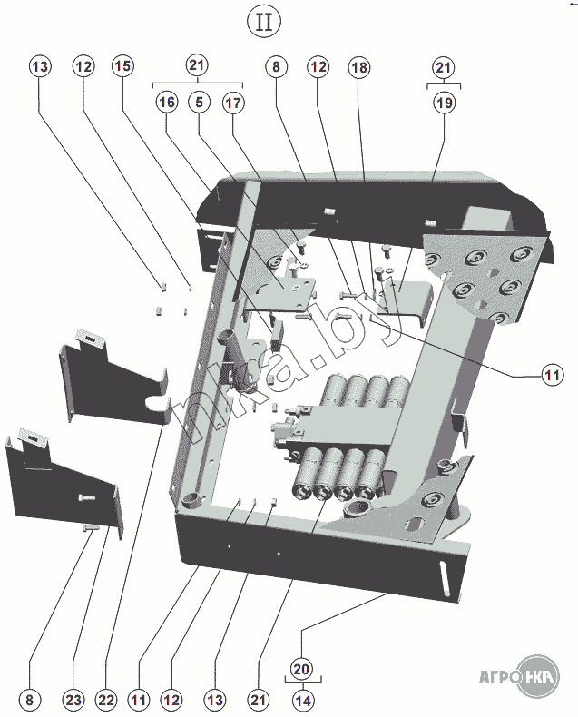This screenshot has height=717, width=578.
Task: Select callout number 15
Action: pos(122,66)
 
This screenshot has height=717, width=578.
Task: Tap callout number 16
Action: pos(166,103)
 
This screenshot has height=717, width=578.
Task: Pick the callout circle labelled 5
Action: pos(199,103)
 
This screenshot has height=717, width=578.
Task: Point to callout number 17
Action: pos(232,103)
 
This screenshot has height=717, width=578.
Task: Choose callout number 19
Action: pos(444,103)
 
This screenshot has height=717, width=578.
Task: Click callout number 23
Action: pos(74,700)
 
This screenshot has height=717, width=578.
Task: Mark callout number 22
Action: pos(106,700)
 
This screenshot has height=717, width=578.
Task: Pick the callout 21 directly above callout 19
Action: pos(444,67)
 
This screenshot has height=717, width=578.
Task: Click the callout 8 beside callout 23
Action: pos(30,700)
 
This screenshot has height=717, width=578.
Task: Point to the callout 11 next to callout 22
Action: pos(138,700)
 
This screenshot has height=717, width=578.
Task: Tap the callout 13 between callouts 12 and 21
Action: pos(214,700)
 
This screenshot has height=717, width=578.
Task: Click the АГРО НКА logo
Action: pos(518,676)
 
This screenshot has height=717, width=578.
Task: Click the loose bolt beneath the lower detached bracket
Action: pos(90,527)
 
